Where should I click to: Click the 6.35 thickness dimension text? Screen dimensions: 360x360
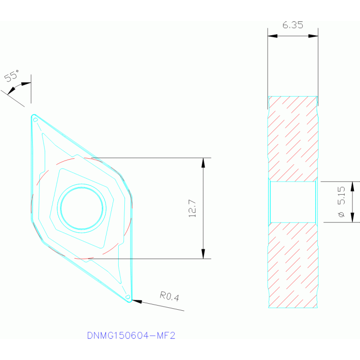pos(293,25)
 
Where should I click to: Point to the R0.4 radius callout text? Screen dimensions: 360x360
pos(169,296)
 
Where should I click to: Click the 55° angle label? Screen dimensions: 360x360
pos(12,76)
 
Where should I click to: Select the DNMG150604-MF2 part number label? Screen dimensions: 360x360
pos(131,336)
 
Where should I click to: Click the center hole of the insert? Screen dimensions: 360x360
pos(82,208)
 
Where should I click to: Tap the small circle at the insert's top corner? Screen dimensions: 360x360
pos(35,120)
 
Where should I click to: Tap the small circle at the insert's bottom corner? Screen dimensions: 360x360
pos(128,297)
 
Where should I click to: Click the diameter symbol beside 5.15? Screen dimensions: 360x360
pos(342,214)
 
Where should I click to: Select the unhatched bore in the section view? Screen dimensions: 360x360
pos(293,202)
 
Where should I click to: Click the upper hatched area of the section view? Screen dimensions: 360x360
pos(293,138)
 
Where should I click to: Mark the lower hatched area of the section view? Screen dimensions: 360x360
pos(293,265)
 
